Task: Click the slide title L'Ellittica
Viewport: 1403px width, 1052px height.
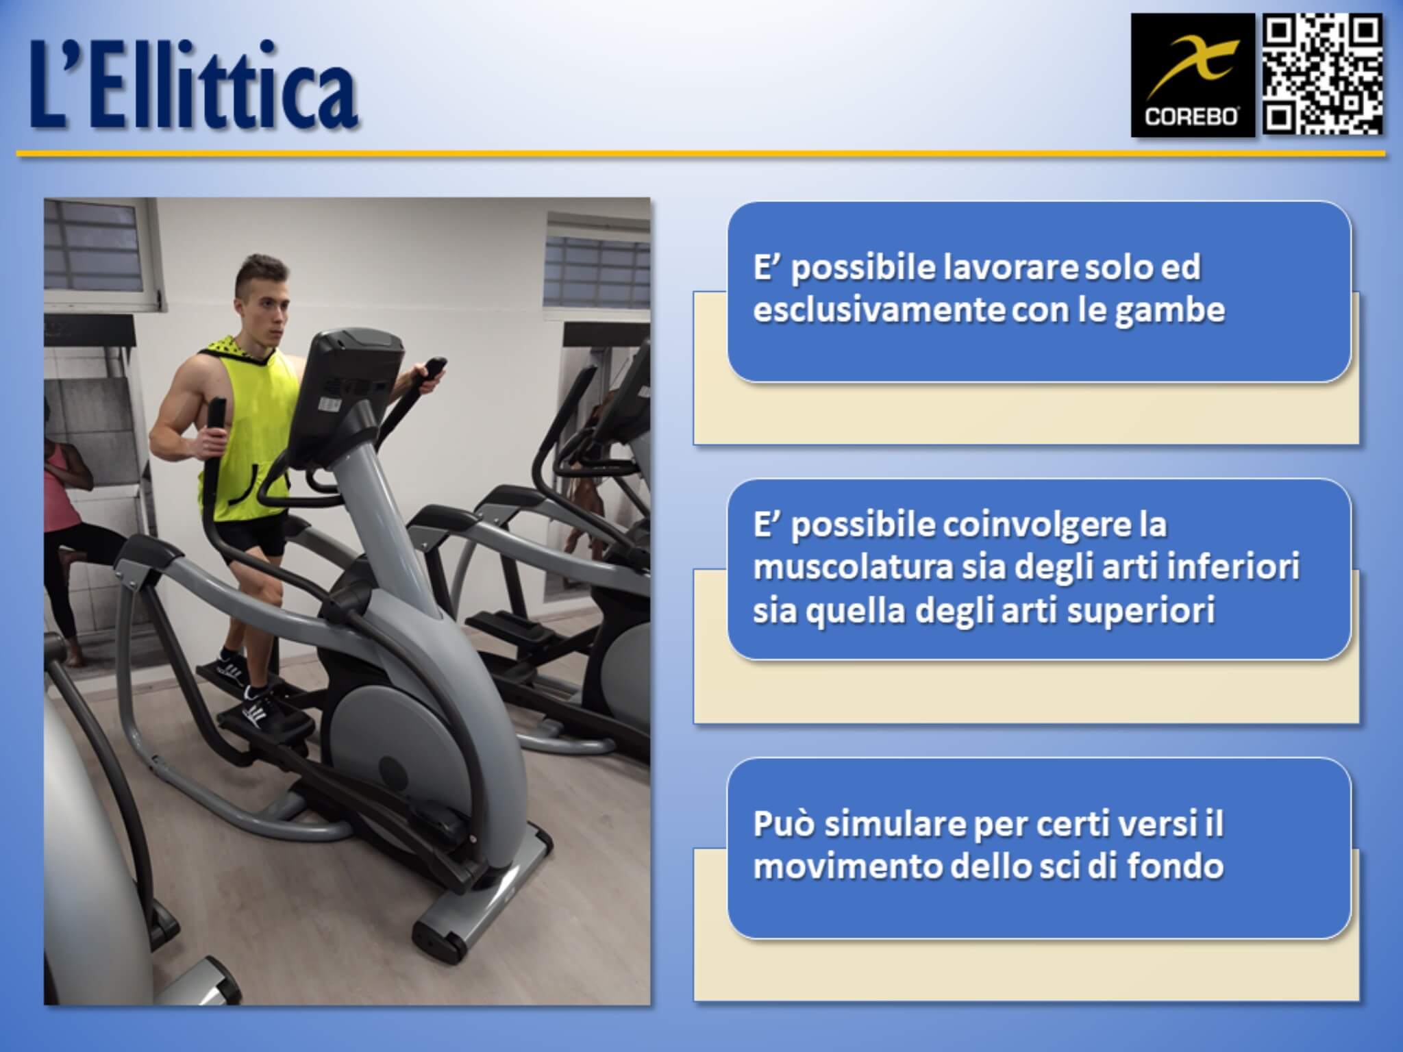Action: point(194,86)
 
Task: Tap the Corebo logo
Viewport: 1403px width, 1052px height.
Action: point(1192,75)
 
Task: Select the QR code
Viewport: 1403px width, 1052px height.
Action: point(1322,75)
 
